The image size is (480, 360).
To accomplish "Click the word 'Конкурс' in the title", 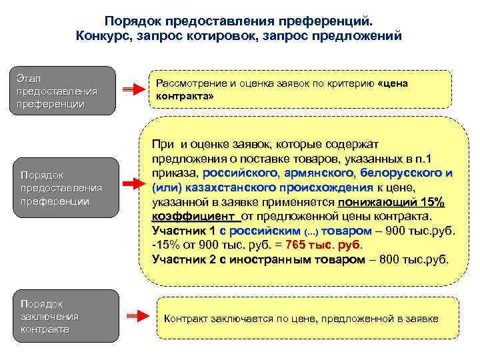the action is coord(110,34).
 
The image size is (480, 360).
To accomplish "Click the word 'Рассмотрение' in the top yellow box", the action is coord(191,83).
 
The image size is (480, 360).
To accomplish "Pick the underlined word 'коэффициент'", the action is coord(195,216).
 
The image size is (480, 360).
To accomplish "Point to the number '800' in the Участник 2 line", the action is coord(391,259).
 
